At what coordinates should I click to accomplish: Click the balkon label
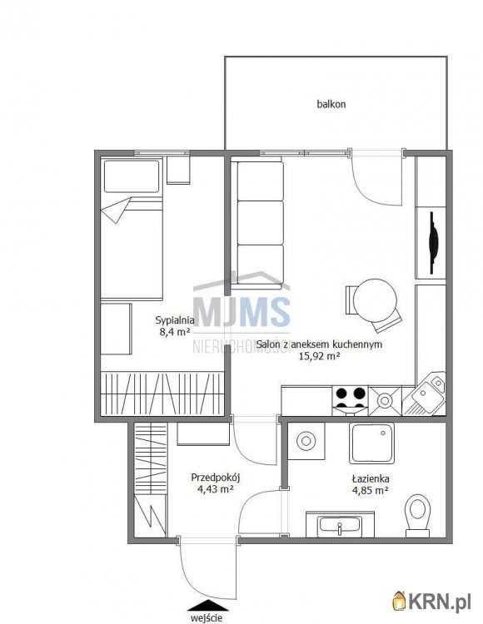click(331, 104)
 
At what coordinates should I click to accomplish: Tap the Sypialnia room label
click(175, 320)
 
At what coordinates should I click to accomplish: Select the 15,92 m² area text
click(319, 356)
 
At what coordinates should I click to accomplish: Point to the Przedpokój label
click(215, 478)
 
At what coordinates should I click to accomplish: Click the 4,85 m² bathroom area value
click(371, 490)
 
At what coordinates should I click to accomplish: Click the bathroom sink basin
click(340, 524)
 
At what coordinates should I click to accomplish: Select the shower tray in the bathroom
click(371, 443)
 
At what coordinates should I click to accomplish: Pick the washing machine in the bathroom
click(306, 441)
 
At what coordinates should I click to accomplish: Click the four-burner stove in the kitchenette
click(351, 401)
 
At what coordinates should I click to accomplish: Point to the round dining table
click(375, 300)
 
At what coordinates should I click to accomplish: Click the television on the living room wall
click(432, 243)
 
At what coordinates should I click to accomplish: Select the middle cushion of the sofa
click(260, 223)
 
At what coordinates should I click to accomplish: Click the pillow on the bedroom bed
click(132, 176)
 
